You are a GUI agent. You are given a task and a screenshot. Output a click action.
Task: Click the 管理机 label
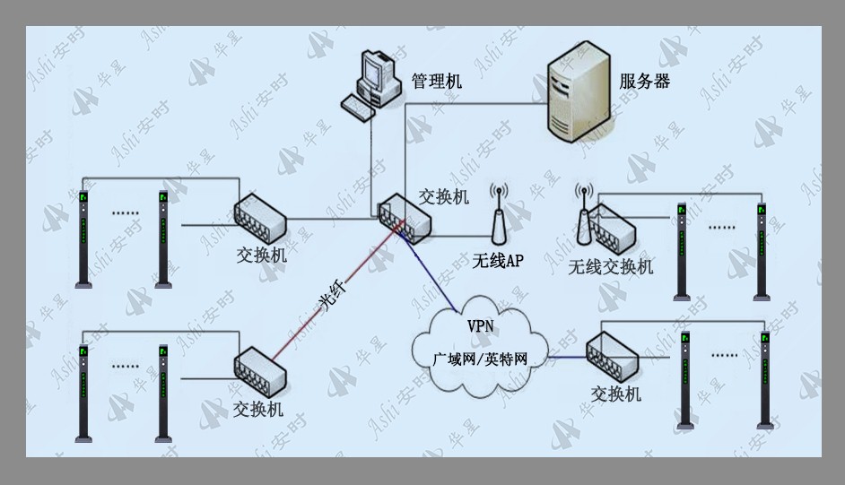pos(437,82)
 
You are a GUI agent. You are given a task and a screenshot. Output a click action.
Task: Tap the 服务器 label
pos(645,82)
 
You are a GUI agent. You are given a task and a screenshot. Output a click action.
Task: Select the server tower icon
pos(579,92)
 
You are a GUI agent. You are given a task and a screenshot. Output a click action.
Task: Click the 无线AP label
pos(498,261)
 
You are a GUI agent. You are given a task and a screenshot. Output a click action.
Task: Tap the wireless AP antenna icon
pos(500,214)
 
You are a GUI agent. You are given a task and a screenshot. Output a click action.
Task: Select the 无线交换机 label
pos(611,266)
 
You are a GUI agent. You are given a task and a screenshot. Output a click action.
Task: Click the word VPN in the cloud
pos(480,325)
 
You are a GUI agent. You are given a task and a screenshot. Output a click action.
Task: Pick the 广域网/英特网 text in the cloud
pos(480,359)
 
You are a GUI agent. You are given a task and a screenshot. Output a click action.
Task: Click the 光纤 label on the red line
pos(334,296)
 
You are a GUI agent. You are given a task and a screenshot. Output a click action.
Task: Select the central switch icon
pos(405,219)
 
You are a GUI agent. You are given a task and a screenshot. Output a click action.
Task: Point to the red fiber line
pos(336,292)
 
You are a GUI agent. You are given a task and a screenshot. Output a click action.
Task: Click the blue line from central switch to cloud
pos(429,271)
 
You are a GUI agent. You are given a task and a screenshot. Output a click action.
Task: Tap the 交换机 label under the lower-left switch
pos(258,410)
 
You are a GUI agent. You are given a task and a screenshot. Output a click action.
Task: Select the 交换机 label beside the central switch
pos(444,197)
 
